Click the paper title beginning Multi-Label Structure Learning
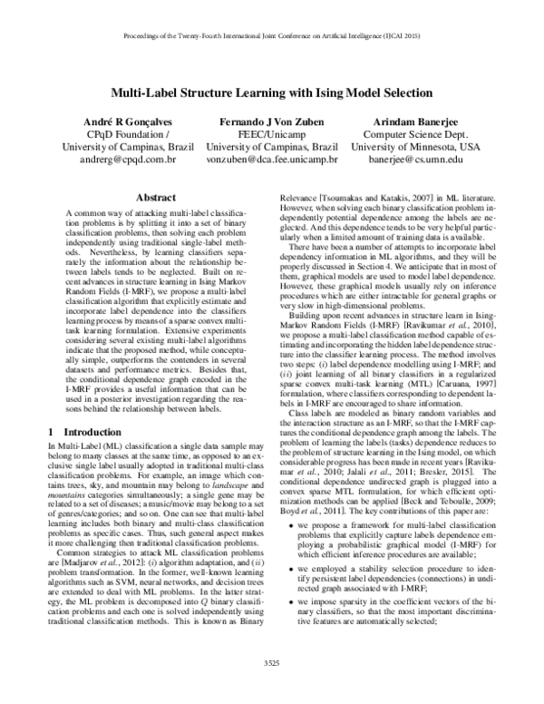[x=272, y=92]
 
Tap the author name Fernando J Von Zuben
[x=272, y=122]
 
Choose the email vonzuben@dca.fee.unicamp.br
[x=272, y=160]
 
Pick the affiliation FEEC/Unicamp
[x=272, y=134]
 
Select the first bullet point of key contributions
[x=403, y=523]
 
